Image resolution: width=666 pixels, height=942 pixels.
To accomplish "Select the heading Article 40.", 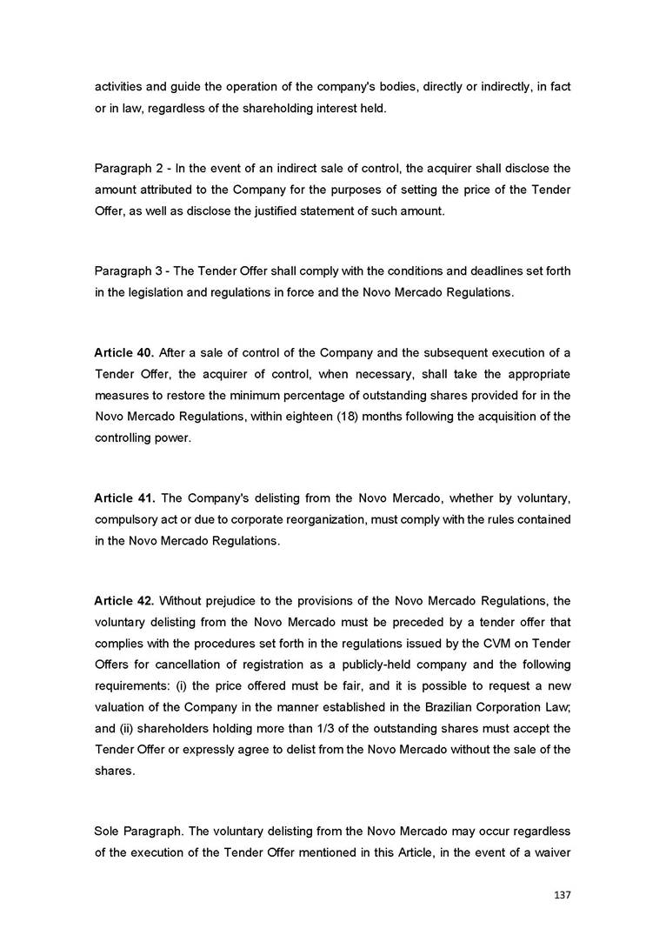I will tap(124, 353).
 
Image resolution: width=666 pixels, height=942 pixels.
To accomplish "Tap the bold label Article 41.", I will tap(124, 498).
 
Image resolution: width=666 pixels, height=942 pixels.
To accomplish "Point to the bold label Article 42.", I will tap(124, 601).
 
